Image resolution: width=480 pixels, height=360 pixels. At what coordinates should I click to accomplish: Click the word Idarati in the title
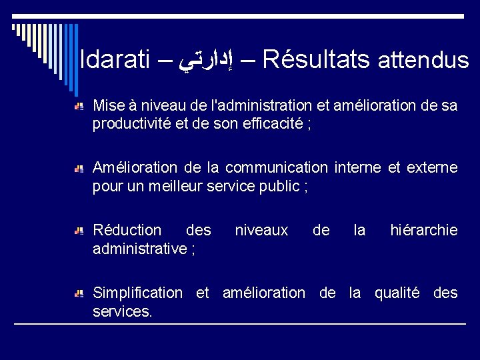pos(116,61)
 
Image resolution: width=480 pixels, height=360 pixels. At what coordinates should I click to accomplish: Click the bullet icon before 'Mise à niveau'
pos(79,107)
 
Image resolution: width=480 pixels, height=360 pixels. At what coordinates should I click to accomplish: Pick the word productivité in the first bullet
pos(130,124)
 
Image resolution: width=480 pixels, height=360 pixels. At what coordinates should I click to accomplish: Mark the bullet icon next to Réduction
pos(79,231)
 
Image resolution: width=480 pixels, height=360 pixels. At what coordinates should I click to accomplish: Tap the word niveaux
pos(261,230)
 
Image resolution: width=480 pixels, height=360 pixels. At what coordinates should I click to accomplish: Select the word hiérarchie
pos(424,230)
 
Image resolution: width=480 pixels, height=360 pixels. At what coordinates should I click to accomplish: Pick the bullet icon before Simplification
pos(79,294)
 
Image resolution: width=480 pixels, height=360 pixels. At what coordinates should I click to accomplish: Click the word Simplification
pos(137,293)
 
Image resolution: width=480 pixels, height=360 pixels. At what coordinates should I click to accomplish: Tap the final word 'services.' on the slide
pos(122,311)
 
